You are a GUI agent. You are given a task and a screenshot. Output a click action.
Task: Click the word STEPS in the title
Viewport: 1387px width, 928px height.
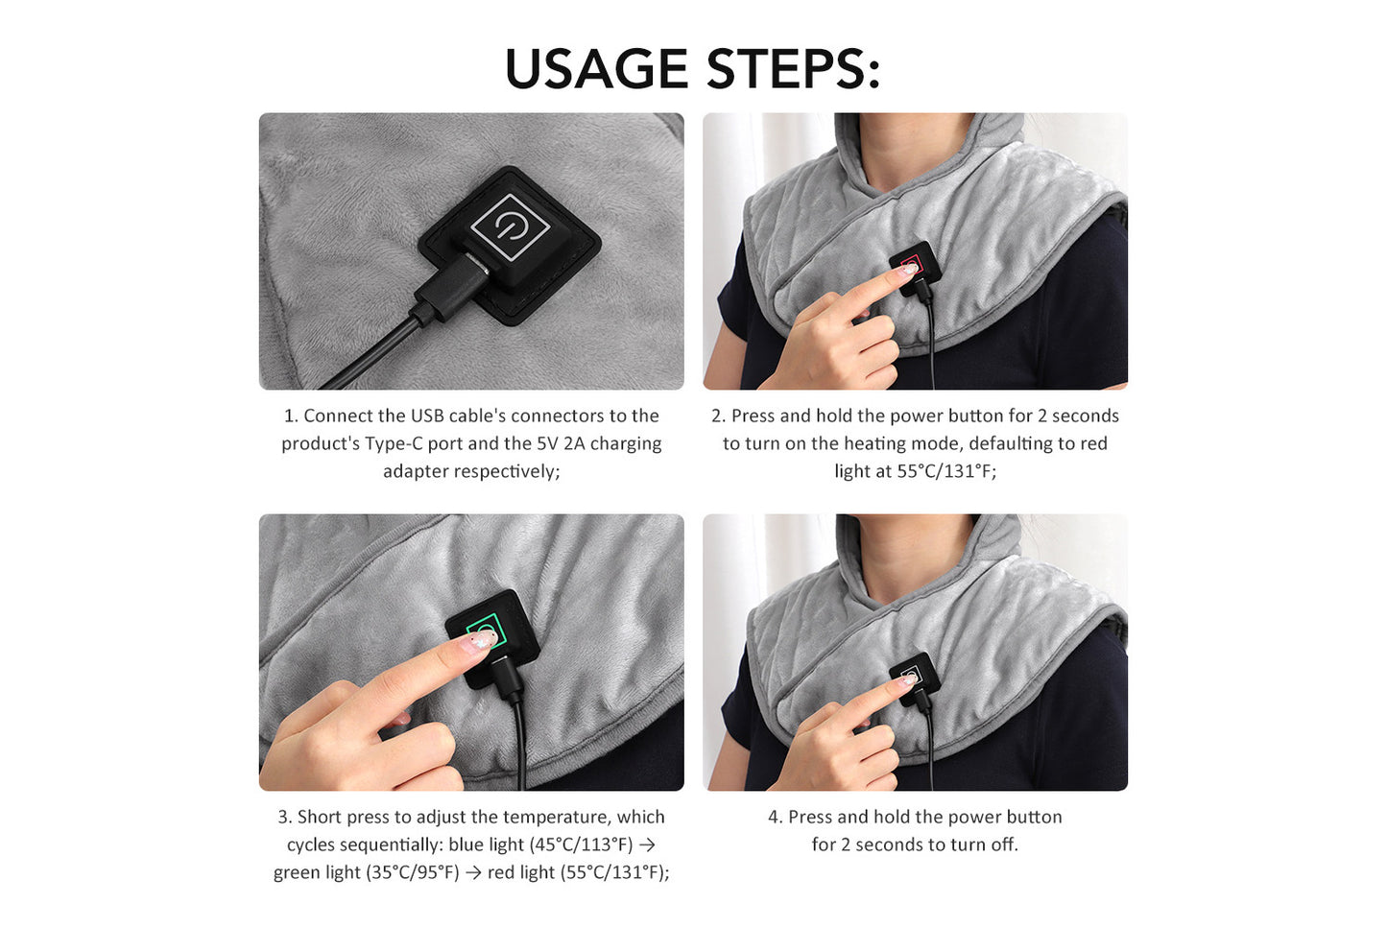(x=793, y=69)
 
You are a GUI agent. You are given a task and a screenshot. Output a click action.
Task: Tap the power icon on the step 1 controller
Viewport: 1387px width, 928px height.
(x=510, y=226)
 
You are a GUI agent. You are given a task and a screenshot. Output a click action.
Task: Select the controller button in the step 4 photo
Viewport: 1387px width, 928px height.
(x=911, y=676)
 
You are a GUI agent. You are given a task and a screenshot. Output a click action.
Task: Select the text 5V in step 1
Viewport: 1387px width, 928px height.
(x=547, y=443)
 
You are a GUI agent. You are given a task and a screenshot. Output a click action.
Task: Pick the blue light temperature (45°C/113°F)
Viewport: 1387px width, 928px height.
(x=581, y=845)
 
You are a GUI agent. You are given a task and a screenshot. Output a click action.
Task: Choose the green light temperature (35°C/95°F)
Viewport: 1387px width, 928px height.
(x=413, y=872)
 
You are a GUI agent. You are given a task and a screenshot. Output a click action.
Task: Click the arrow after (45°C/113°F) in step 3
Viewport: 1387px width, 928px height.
(x=648, y=845)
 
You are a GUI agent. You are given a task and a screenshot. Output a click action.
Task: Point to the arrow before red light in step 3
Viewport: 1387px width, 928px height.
(x=474, y=872)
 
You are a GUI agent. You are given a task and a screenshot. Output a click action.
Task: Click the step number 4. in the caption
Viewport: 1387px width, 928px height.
(x=775, y=817)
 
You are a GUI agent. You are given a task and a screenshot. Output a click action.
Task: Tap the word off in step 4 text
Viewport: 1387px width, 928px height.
(x=1004, y=845)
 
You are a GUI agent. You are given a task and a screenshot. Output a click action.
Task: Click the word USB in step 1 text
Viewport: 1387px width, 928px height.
(x=427, y=416)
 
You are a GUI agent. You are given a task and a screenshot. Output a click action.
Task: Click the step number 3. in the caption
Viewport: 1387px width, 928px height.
(x=285, y=817)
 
